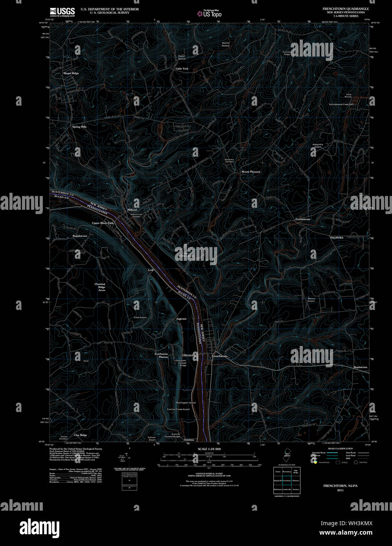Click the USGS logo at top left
(x=62, y=11)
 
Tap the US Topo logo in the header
(x=210, y=14)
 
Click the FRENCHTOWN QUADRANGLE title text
(x=346, y=9)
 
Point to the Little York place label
(x=182, y=69)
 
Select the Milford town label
(x=132, y=210)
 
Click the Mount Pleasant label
(x=251, y=172)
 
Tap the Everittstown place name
(x=303, y=219)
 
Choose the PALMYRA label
(x=337, y=238)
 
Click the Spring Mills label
(x=79, y=127)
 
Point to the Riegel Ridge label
(x=71, y=73)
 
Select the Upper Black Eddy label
(x=103, y=223)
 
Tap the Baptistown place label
(x=360, y=367)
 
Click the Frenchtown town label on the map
(x=219, y=356)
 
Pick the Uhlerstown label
(x=189, y=355)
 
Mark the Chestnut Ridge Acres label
(x=100, y=287)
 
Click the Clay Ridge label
(x=81, y=435)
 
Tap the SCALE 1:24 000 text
(x=209, y=449)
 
